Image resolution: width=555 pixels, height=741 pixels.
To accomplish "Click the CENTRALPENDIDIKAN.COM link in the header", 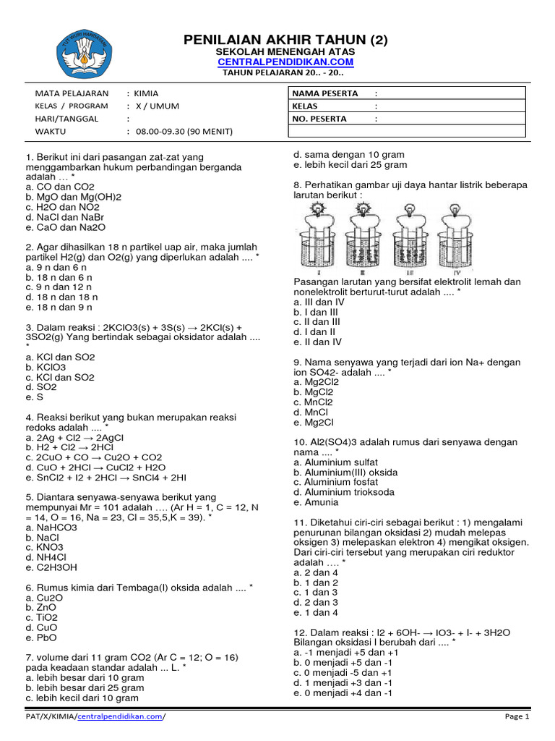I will [x=286, y=63].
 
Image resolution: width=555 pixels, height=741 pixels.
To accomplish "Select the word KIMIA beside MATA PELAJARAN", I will [x=147, y=93].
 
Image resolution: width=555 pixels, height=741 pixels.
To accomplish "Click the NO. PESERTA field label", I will [x=319, y=119].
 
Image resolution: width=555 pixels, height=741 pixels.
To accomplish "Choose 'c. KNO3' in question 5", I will [x=44, y=547].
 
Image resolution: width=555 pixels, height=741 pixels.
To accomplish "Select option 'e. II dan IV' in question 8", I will [x=317, y=342].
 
